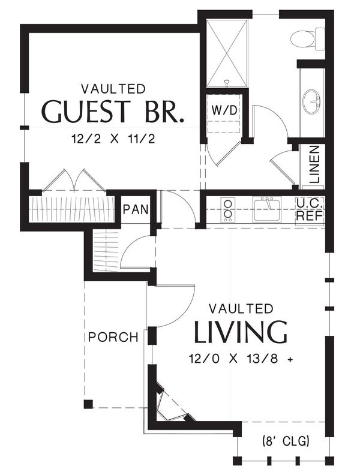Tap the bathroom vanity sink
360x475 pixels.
coord(311,101)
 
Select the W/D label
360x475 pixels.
coord(224,110)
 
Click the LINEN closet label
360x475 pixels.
coord(315,164)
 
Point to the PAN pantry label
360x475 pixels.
coord(136,209)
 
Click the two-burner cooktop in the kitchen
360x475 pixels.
coord(228,209)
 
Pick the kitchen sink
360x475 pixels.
coord(267,209)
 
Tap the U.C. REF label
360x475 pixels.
coord(310,210)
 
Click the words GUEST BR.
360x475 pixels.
coord(112,111)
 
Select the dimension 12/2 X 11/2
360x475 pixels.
coord(113,139)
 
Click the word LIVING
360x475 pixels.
coord(240,332)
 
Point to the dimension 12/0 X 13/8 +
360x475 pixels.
coord(241,359)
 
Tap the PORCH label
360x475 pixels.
coord(113,337)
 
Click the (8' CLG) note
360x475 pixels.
coord(286,441)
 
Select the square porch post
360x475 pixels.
coord(88,404)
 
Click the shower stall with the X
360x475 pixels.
coord(226,53)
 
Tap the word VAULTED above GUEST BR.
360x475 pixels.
coord(113,89)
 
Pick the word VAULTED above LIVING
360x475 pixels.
coord(241,309)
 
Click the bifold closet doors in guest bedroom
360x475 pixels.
coord(74,181)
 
